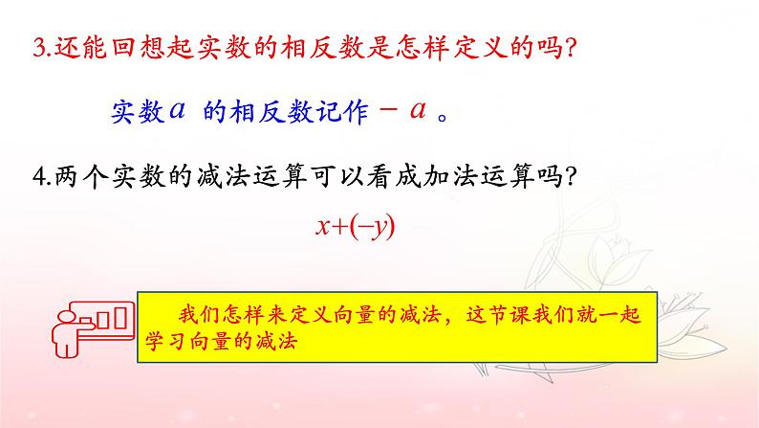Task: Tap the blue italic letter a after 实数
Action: tap(175, 110)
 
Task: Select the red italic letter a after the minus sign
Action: tap(417, 109)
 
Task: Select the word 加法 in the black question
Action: tap(402, 175)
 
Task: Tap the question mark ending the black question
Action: tap(564, 175)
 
